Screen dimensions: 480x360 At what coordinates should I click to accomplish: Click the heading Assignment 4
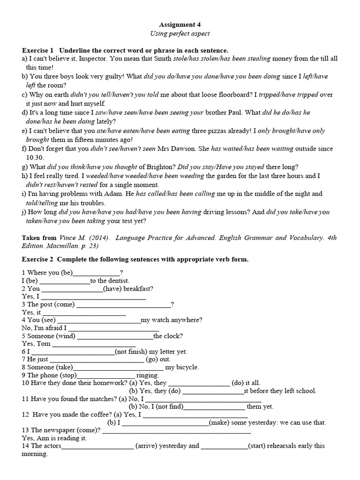pyautogui.click(x=180, y=24)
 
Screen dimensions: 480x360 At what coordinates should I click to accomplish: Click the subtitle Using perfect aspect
pyautogui.click(x=180, y=34)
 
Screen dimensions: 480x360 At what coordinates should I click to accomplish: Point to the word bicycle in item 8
pyautogui.click(x=186, y=367)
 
